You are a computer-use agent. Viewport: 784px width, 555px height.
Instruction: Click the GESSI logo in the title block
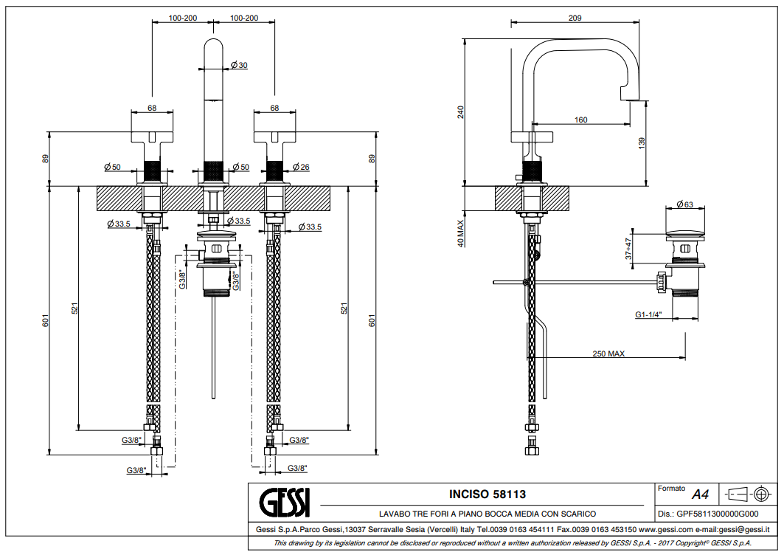286,503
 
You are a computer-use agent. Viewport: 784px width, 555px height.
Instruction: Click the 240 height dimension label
461,112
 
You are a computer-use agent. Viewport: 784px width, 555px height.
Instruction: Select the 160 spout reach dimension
581,120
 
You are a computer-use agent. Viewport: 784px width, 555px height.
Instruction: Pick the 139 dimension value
641,142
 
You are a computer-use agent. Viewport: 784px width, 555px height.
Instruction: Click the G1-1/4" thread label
649,314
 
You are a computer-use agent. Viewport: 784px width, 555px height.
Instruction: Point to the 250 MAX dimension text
608,354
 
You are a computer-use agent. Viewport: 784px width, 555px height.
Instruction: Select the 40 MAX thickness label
460,231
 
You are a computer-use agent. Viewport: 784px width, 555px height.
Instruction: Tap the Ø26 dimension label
300,168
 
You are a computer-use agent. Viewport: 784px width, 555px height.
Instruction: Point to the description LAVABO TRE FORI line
488,514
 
